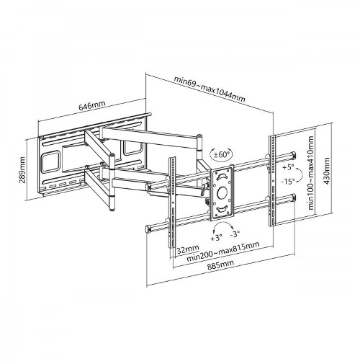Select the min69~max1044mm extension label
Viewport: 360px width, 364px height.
210,89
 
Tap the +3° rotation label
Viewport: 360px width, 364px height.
215,236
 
